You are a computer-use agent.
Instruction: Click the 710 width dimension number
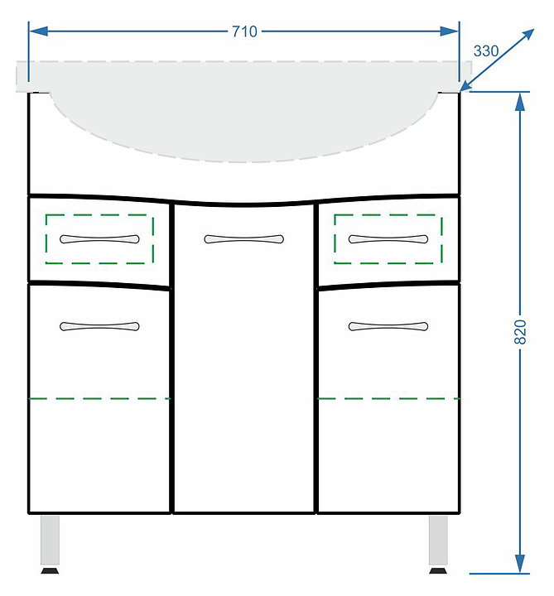click(x=244, y=31)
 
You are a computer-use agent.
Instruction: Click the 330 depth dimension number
click(x=486, y=51)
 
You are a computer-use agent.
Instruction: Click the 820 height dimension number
click(x=520, y=332)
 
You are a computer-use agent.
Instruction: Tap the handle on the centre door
click(x=243, y=239)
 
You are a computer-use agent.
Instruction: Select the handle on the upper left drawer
click(x=99, y=239)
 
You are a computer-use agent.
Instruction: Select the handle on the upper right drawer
click(x=388, y=239)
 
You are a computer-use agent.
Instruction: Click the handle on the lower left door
click(x=99, y=326)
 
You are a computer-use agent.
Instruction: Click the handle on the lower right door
click(x=388, y=326)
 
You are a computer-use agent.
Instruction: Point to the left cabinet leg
click(x=51, y=540)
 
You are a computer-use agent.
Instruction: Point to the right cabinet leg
click(x=438, y=540)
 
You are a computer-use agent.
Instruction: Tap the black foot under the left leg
click(x=51, y=570)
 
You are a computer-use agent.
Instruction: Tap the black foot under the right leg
click(x=438, y=570)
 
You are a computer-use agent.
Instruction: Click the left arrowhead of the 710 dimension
click(x=38, y=31)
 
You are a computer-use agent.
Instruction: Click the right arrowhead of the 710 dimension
click(x=450, y=31)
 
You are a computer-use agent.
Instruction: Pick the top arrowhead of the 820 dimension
click(x=520, y=102)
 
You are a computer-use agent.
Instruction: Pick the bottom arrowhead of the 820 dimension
click(x=520, y=564)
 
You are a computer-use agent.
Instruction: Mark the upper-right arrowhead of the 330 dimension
click(x=528, y=35)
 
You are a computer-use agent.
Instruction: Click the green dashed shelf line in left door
click(x=99, y=398)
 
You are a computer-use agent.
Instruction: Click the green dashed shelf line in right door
click(x=388, y=398)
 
